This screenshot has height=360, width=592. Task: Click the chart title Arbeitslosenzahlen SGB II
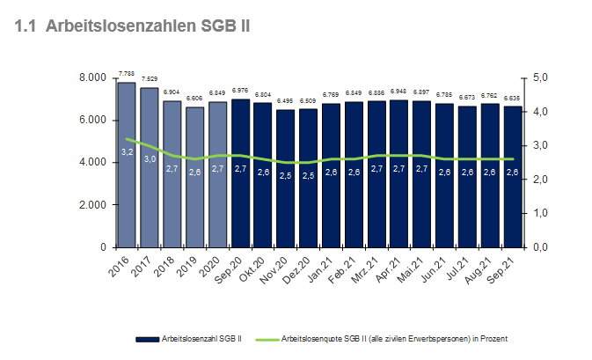133,26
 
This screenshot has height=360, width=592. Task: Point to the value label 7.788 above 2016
127,75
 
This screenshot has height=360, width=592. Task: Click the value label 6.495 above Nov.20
286,101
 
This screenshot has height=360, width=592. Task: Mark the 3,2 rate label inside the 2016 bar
127,151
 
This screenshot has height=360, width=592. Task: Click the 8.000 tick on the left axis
91,78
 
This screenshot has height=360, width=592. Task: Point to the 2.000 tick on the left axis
91,205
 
